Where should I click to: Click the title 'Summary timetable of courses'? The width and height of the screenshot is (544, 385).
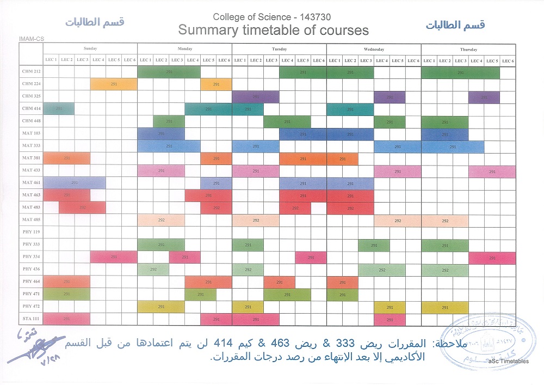tap(273, 30)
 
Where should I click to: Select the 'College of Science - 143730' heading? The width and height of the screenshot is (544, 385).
tap(271, 17)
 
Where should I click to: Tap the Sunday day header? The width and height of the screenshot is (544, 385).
tap(90, 49)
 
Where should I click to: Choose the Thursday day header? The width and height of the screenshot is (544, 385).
tap(468, 49)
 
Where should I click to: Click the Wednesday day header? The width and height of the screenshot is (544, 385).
tap(374, 49)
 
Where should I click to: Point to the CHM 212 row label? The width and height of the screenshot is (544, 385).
tap(31, 71)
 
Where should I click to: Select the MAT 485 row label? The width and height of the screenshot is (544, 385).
tap(31, 220)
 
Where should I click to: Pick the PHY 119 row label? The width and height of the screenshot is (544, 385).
tap(31, 232)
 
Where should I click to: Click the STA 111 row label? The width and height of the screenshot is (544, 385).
tap(31, 319)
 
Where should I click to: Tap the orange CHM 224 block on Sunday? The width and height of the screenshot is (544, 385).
tap(113, 84)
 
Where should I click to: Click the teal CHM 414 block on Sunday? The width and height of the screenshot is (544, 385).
tap(59, 109)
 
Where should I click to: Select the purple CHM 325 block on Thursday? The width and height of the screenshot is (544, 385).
tap(484, 97)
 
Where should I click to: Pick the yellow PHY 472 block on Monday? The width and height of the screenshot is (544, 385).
tap(160, 307)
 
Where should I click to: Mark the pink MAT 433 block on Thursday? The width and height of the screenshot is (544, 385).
tap(492, 171)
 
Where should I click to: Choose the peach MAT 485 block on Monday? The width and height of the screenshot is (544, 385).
tap(160, 221)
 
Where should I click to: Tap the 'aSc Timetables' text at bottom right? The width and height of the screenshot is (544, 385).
tap(508, 361)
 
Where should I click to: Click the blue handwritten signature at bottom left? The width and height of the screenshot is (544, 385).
tap(33, 349)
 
